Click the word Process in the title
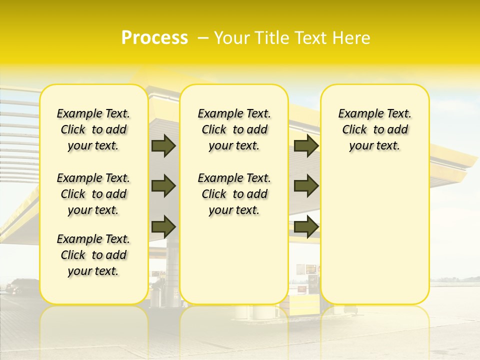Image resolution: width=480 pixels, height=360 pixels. coord(154,38)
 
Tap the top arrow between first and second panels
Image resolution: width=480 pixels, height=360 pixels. coord(163,145)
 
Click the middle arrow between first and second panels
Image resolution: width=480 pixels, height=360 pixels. coord(163,186)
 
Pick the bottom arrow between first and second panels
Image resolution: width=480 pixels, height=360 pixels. coord(163,226)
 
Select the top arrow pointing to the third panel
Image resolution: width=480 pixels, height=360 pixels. coord(306,145)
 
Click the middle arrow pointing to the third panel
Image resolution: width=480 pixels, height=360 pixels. coord(306,186)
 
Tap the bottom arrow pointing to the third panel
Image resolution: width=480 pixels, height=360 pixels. coord(306,226)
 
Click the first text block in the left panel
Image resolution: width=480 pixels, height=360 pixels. coord(93,129)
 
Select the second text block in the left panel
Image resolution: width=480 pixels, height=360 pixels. coord(93,194)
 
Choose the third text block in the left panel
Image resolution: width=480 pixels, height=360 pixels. coord(93,255)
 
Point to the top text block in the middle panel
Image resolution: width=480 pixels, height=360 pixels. coord(234,129)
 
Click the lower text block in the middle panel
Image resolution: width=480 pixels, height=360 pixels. coord(234,194)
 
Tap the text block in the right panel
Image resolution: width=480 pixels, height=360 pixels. coord(375,129)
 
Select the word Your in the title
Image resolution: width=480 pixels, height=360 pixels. coord(231,38)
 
